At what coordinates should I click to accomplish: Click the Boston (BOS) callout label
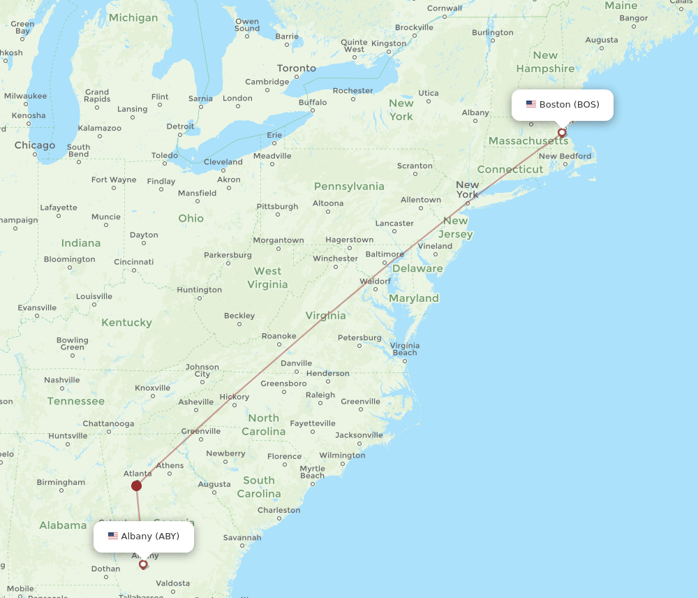pyautogui.click(x=562, y=105)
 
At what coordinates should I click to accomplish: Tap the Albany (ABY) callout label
pyautogui.click(x=144, y=537)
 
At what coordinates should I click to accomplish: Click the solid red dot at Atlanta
pyautogui.click(x=136, y=486)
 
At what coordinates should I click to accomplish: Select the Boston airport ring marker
pyautogui.click(x=562, y=132)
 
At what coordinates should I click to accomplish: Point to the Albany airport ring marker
pyautogui.click(x=143, y=564)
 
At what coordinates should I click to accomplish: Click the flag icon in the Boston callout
pyautogui.click(x=531, y=105)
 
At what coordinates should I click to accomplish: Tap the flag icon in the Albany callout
pyautogui.click(x=113, y=537)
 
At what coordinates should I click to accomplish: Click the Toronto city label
pyautogui.click(x=297, y=68)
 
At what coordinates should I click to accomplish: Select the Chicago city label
pyautogui.click(x=35, y=145)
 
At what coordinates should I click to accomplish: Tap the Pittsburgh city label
pyautogui.click(x=277, y=207)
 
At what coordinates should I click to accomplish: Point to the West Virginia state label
pyautogui.click(x=267, y=277)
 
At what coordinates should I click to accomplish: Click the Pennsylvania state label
pyautogui.click(x=349, y=187)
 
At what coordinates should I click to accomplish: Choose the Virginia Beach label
pyautogui.click(x=405, y=349)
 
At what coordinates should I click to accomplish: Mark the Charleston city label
pyautogui.click(x=279, y=510)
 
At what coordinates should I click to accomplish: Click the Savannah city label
pyautogui.click(x=242, y=537)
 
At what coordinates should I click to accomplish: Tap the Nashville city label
pyautogui.click(x=62, y=380)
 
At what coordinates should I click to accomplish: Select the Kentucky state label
pyautogui.click(x=126, y=323)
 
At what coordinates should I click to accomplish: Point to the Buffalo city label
pyautogui.click(x=313, y=103)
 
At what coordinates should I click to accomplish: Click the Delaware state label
pyautogui.click(x=417, y=268)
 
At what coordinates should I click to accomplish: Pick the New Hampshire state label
pyautogui.click(x=545, y=62)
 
